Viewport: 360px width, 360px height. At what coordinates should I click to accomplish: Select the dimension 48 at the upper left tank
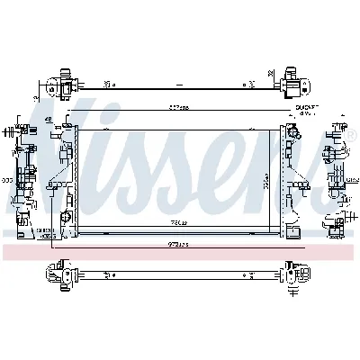coord(46,120)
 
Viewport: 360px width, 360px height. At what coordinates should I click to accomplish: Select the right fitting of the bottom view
coord(293,272)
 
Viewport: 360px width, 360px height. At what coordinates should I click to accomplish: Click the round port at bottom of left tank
coord(65,219)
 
